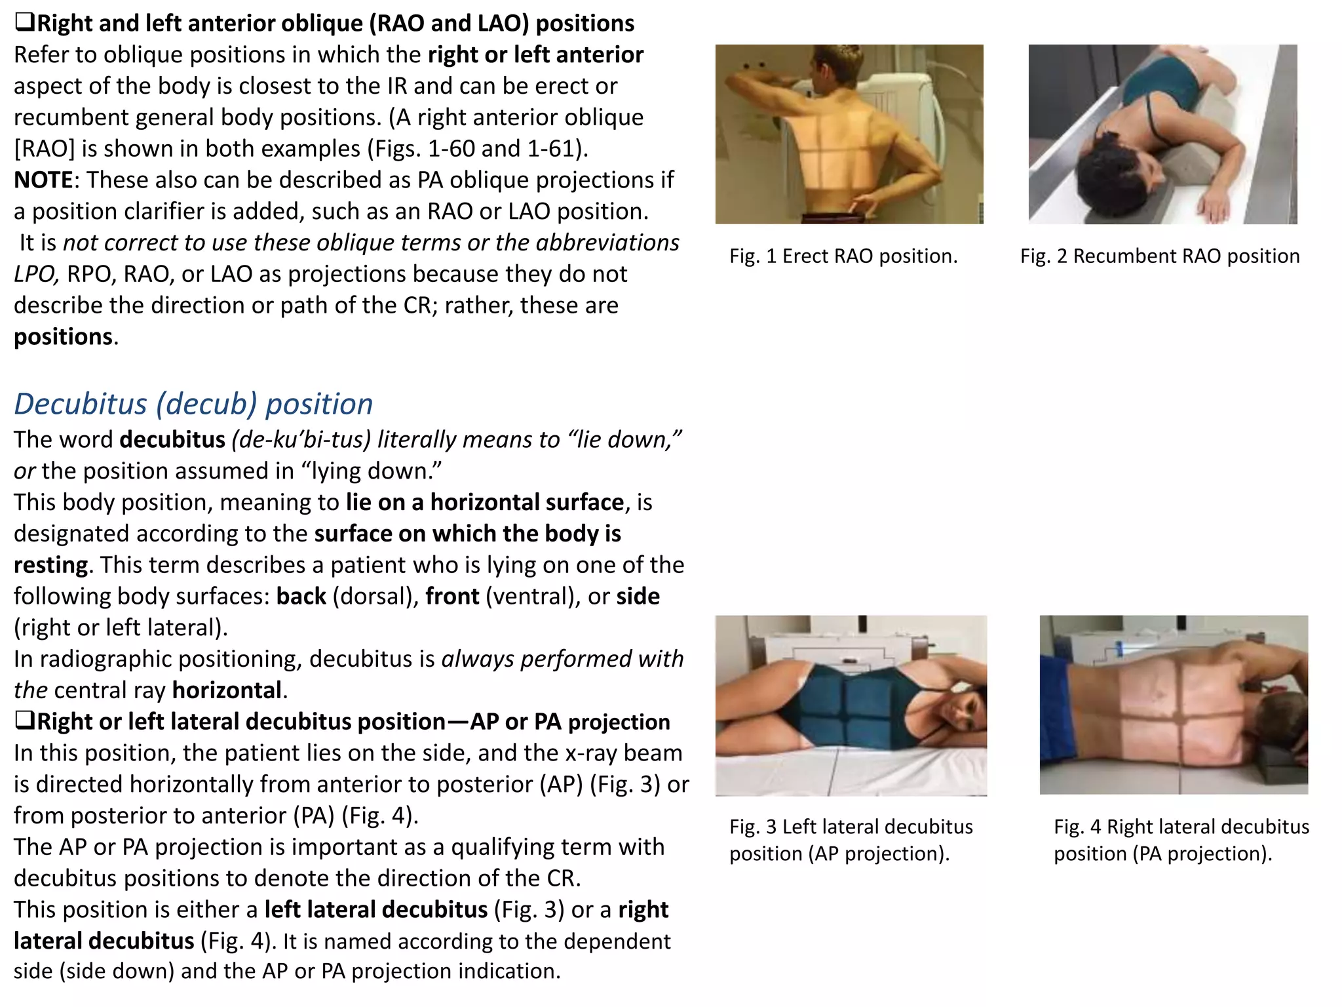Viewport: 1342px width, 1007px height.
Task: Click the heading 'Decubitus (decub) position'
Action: [x=193, y=404]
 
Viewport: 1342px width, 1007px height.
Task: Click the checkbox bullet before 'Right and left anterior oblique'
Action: [x=24, y=24]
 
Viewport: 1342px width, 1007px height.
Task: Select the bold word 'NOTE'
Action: [x=43, y=180]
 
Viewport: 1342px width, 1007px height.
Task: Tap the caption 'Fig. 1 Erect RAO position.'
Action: [x=843, y=256]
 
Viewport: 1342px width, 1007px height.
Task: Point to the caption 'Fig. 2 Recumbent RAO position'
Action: [x=1160, y=256]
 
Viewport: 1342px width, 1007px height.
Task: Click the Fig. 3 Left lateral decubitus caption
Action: [x=851, y=840]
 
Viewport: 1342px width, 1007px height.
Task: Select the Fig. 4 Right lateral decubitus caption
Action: [x=1181, y=840]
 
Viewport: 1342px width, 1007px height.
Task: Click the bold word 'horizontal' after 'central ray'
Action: [x=227, y=690]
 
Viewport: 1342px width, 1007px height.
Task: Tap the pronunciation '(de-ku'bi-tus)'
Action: [x=301, y=439]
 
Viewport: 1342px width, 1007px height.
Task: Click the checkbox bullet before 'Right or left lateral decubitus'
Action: [x=24, y=721]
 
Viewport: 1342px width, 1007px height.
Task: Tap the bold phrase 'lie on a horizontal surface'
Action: [x=485, y=502]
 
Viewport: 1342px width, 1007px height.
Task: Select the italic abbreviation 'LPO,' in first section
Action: [x=37, y=274]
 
